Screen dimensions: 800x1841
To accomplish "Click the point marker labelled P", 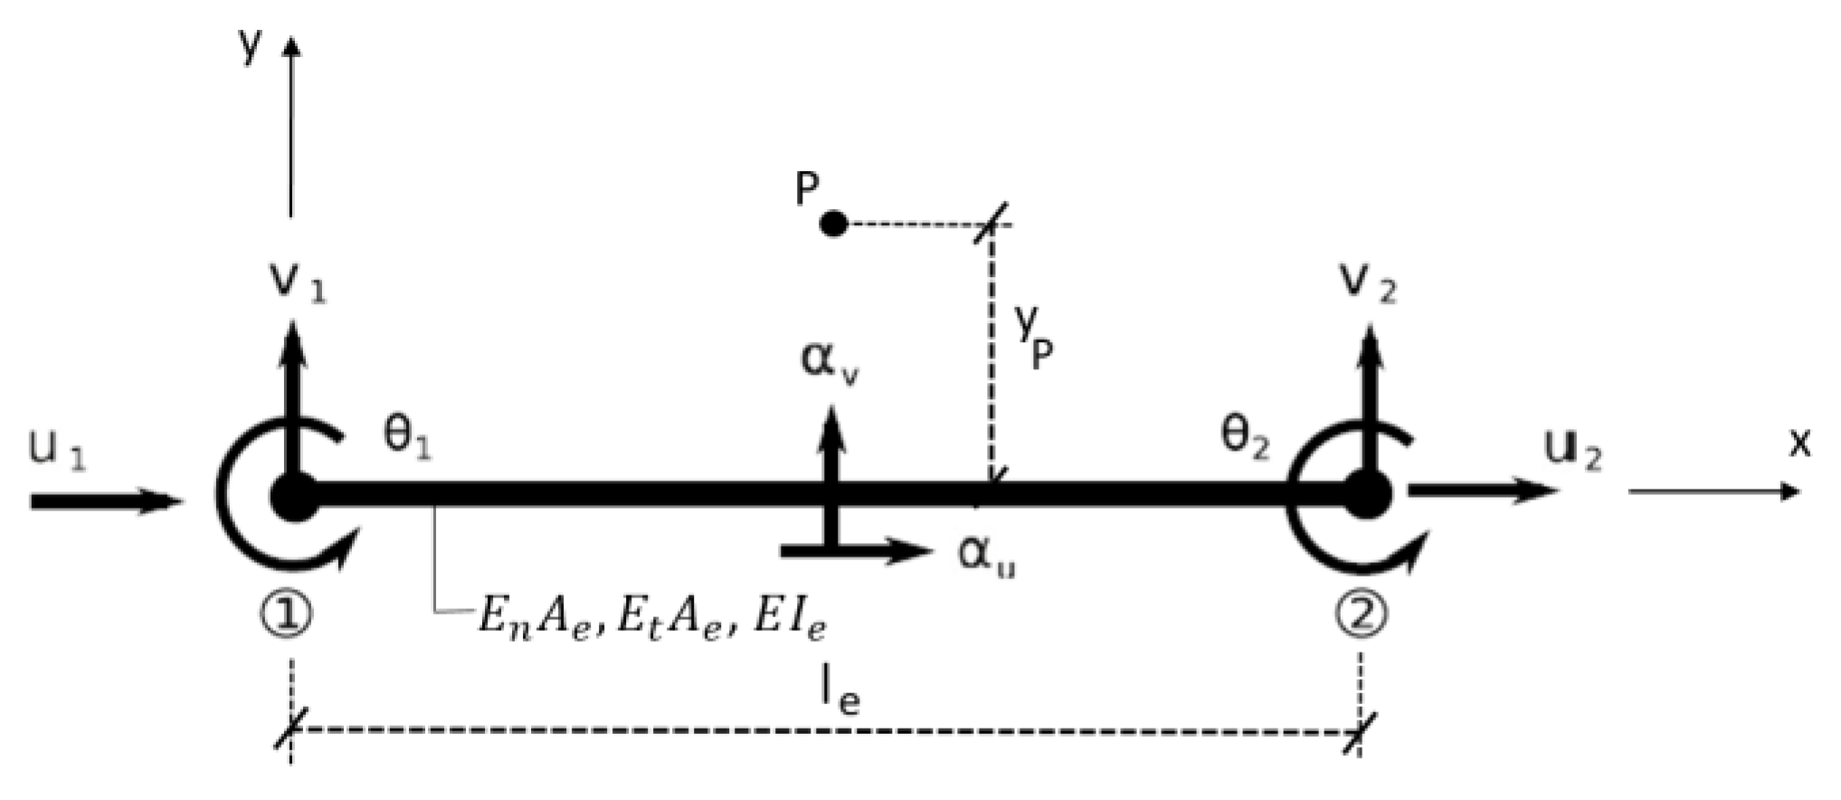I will (x=833, y=223).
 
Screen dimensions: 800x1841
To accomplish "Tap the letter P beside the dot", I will (x=807, y=190).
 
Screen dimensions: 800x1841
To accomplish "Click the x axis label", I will (x=1800, y=443).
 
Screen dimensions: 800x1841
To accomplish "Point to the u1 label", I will (x=57, y=450).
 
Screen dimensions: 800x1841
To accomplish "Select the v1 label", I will (x=299, y=281).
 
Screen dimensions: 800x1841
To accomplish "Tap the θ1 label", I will (x=408, y=437).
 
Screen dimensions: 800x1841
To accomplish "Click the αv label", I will (x=830, y=362).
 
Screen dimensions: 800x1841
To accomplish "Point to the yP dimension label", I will (x=1032, y=338).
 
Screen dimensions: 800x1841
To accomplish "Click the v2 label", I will (x=1368, y=281).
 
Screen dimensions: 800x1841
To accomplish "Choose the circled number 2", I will (x=1361, y=616).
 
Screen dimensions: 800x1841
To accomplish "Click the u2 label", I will (x=1573, y=450).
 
